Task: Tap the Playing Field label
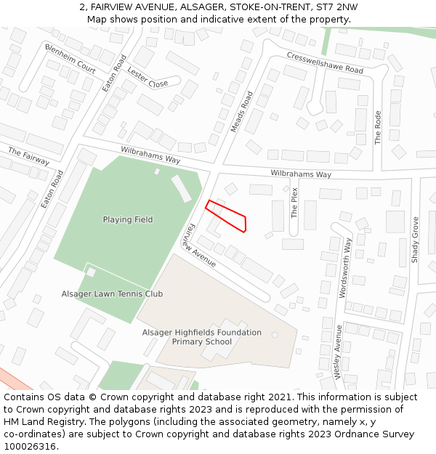tap(128, 219)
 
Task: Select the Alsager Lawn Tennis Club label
tap(112, 293)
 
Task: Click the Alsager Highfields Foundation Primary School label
tap(201, 337)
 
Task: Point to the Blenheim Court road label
tap(70, 59)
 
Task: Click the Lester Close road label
tap(148, 77)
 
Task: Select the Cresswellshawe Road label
tap(324, 62)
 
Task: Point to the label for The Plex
tap(294, 203)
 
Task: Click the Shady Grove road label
tap(416, 239)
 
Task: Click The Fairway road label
tap(28, 156)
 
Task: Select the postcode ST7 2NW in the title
tap(336, 7)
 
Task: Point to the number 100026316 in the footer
tap(29, 446)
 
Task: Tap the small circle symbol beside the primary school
tap(275, 335)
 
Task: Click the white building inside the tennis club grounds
tap(92, 272)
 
